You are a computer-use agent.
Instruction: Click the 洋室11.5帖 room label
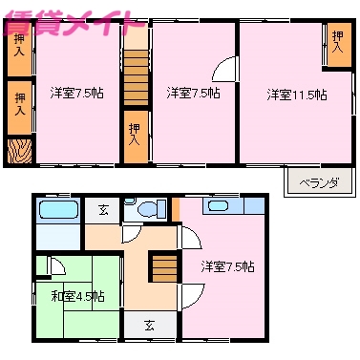(x=296, y=95)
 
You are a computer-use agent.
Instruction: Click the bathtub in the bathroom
(x=59, y=210)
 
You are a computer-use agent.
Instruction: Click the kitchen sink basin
(x=218, y=206)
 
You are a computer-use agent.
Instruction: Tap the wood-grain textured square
(x=19, y=152)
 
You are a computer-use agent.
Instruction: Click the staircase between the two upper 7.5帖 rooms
(x=136, y=76)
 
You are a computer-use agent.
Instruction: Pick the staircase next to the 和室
(x=166, y=266)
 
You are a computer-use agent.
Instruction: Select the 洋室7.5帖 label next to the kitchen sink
(x=227, y=266)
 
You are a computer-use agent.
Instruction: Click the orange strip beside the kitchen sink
(x=176, y=206)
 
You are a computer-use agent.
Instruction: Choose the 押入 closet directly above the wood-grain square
(x=19, y=101)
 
